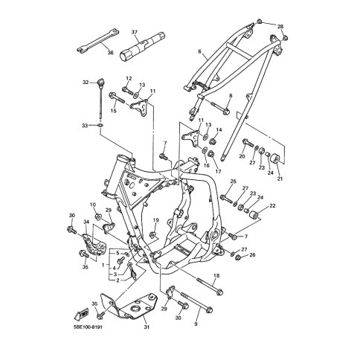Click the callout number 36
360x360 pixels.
110,53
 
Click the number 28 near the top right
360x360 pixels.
280,27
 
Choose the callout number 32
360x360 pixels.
86,82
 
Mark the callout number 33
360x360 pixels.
84,126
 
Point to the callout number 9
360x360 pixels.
196,324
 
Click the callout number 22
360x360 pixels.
272,205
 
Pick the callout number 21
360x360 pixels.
280,179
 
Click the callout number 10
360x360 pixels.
94,205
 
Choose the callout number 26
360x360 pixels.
252,255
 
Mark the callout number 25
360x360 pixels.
233,181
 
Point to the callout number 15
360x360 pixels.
114,111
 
